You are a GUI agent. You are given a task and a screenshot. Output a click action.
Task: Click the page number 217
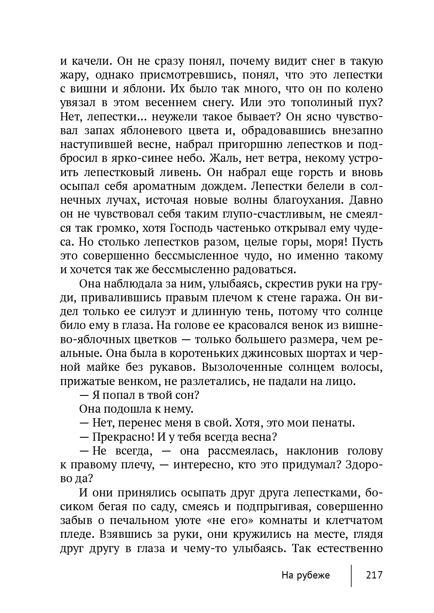(374, 575)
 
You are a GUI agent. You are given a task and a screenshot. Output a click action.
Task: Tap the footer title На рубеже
(305, 575)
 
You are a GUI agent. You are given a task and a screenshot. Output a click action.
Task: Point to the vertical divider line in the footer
(351, 575)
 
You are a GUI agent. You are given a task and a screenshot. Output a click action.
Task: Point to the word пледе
(76, 534)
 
